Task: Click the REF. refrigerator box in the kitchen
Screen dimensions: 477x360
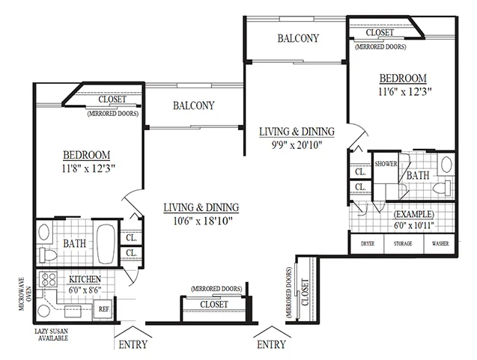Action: click(x=103, y=309)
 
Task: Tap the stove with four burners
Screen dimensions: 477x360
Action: click(x=48, y=280)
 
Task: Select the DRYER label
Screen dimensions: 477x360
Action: click(x=368, y=243)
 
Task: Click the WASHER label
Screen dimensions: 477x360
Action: click(x=440, y=243)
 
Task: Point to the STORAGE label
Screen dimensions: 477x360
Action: click(x=403, y=243)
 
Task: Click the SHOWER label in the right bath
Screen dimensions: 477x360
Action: click(x=386, y=164)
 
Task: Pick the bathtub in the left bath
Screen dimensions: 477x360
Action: click(x=106, y=244)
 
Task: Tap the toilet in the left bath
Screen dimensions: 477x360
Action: click(x=48, y=255)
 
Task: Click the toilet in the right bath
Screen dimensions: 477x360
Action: click(x=442, y=188)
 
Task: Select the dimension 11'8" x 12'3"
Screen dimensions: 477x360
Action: click(x=88, y=168)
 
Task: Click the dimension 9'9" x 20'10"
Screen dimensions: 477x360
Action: click(x=297, y=145)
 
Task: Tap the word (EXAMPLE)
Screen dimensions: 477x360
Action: click(x=413, y=214)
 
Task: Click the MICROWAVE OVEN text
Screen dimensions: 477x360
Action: click(x=25, y=293)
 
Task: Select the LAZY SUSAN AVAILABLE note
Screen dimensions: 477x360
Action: click(x=51, y=335)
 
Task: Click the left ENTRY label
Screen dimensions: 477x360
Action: click(x=133, y=344)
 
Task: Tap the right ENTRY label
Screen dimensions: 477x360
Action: click(x=271, y=344)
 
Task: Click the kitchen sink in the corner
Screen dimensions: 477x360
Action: click(x=44, y=311)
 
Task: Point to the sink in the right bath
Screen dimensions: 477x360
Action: click(x=446, y=164)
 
